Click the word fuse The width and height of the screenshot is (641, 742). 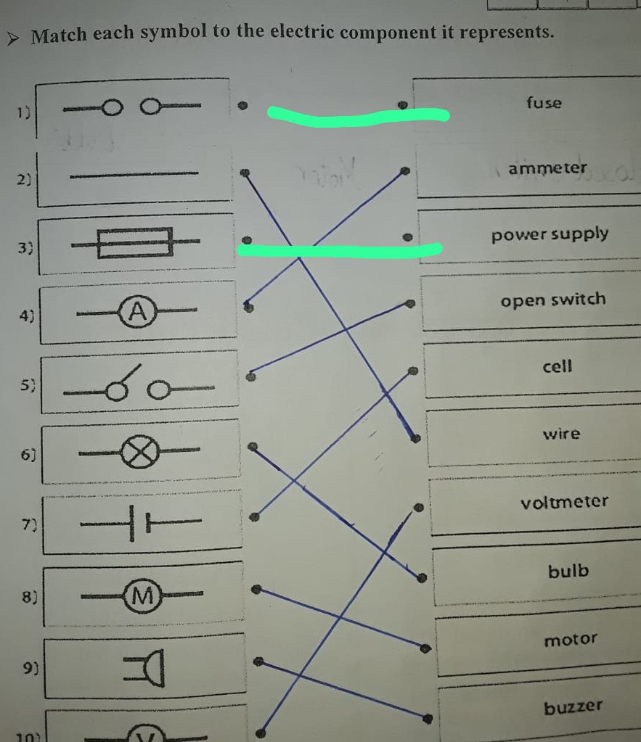coord(544,103)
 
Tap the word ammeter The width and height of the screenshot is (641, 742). coord(547,168)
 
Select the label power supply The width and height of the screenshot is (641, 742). coord(550,234)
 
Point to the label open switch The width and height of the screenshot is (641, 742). coord(553,300)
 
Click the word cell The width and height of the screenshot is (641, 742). coord(557,366)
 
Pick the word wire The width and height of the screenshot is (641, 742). coord(561,434)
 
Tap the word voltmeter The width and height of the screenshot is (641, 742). coord(564,502)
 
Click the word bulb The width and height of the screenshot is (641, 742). coord(568,571)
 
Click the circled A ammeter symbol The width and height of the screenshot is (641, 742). coord(137,312)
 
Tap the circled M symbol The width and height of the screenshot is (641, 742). coord(142,595)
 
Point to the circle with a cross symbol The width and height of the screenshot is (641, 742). coord(140,452)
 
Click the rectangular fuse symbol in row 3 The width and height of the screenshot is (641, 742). coord(135,243)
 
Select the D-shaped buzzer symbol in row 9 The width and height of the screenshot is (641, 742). coord(144,667)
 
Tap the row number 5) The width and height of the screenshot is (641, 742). coord(28,386)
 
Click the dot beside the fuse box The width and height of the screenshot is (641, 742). coord(403,104)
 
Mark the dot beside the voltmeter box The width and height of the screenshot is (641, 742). coord(418,508)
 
